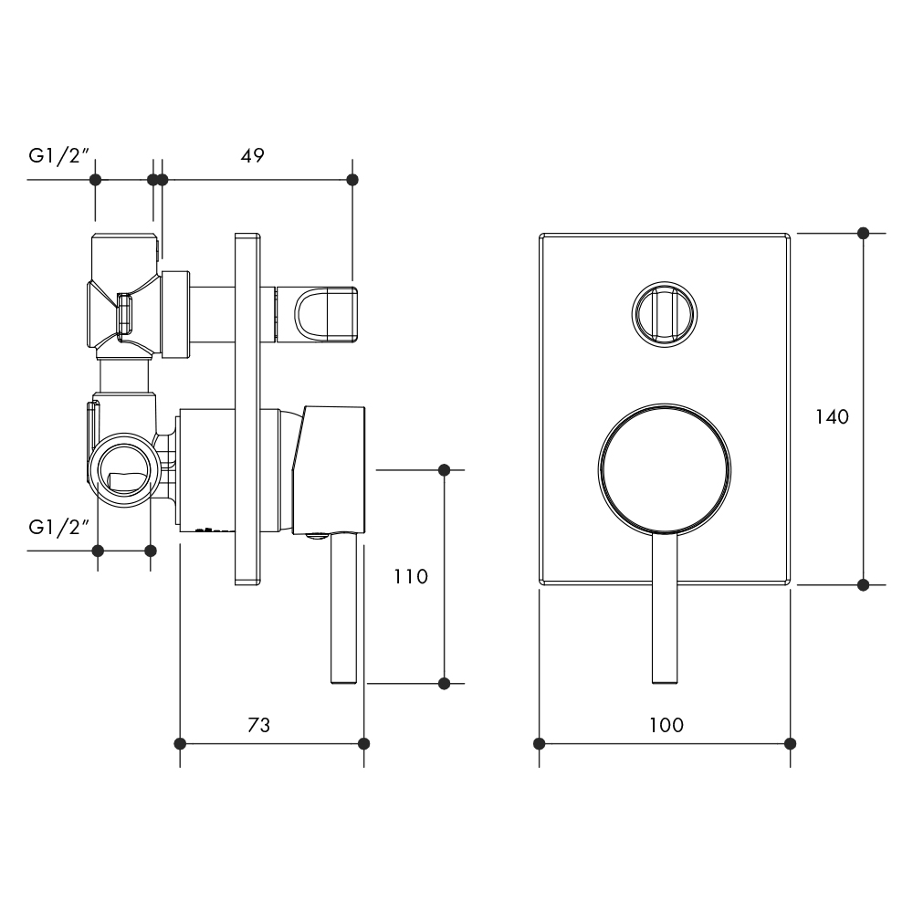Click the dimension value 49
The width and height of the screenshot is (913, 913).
[x=253, y=155]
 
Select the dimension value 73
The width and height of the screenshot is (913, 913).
[x=259, y=725]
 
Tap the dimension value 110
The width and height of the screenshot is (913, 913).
[x=411, y=576]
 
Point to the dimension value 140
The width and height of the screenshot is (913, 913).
[x=832, y=416]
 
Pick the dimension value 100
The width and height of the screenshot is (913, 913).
[x=666, y=725]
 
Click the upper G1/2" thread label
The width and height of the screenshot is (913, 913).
[x=58, y=156]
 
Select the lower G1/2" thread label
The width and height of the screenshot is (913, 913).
[x=58, y=528]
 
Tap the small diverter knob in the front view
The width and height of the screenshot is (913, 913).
[x=665, y=314]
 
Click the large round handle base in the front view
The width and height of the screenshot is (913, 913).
[x=665, y=468]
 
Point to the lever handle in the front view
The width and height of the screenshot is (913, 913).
[x=665, y=607]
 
